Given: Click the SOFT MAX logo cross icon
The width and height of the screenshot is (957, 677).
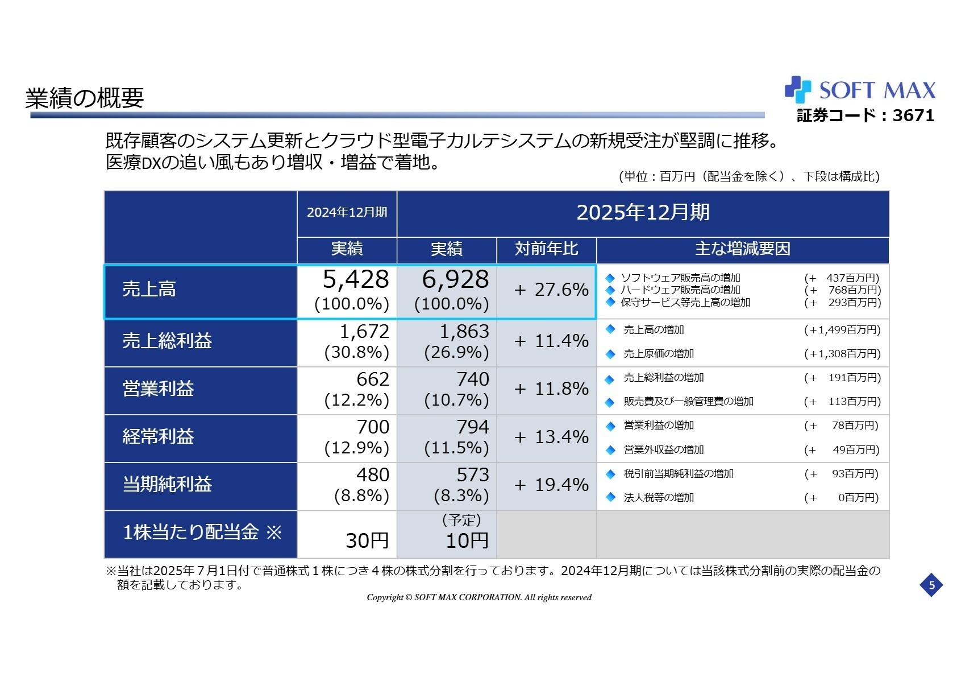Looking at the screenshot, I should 797,90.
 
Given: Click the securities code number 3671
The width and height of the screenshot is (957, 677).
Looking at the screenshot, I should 913,115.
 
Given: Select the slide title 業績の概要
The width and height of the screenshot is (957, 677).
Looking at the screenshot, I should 85,98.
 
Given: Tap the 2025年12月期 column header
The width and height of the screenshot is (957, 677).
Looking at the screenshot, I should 643,213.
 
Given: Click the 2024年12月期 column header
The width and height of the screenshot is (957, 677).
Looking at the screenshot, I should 347,213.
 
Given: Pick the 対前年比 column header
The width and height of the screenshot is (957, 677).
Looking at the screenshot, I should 546,249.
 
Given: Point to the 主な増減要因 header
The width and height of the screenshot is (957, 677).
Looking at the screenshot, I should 742,249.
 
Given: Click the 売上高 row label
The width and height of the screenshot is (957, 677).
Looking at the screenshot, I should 149,290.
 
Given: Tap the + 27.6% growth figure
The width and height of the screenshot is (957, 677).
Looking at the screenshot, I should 551,290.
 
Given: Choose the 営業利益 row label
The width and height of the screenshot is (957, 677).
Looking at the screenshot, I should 158,389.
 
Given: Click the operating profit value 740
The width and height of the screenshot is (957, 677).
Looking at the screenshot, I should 473,379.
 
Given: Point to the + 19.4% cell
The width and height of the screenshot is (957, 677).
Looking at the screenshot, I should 551,485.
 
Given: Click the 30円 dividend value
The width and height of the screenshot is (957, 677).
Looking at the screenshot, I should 367,540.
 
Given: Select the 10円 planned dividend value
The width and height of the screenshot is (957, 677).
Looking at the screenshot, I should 467,540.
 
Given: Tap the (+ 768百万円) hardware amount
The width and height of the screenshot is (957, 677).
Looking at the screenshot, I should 842,290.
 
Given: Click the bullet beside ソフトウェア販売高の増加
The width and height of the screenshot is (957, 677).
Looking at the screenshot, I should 610,278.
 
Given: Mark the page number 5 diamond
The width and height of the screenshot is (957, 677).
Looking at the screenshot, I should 931,585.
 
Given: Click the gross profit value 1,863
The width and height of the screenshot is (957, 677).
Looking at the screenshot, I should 464,332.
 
